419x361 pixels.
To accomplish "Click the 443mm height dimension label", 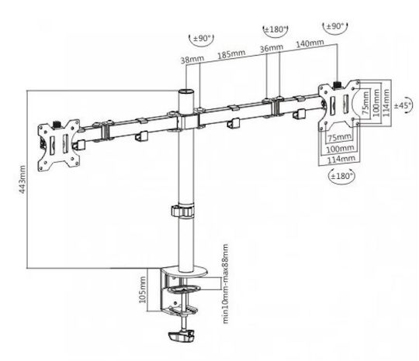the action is [x=23, y=179].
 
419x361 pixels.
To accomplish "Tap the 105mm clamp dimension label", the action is [x=143, y=290].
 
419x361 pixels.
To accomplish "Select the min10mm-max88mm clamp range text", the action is [x=226, y=284].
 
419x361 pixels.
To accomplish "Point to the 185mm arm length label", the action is [x=231, y=54].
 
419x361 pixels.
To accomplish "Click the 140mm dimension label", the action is [x=310, y=43].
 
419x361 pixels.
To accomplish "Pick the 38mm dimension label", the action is [x=192, y=60].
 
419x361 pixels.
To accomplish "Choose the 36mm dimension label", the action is [x=272, y=48].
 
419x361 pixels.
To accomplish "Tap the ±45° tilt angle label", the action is [x=402, y=105].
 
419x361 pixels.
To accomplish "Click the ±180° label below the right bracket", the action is [x=342, y=176].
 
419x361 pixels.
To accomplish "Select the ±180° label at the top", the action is [x=275, y=29].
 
